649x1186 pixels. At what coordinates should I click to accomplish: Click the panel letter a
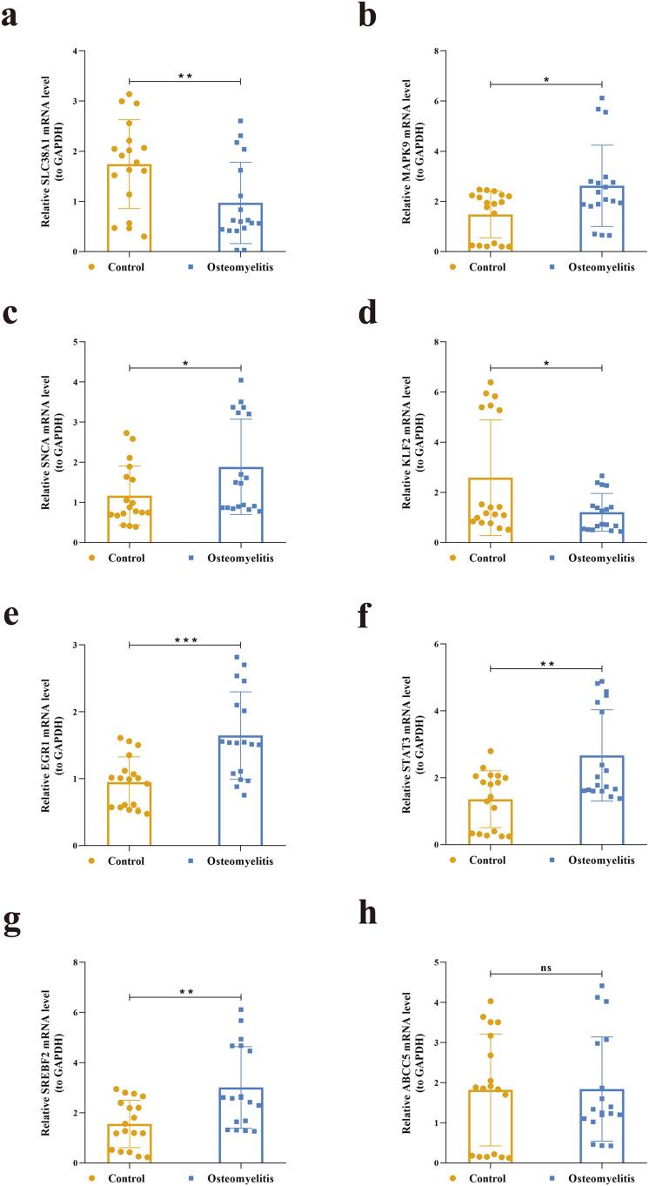coord(12,17)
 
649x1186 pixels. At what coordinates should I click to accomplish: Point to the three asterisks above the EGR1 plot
coord(184,640)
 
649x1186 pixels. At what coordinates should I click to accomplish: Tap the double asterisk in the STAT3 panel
coord(545,666)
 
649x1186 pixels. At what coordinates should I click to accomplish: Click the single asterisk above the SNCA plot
coord(184,363)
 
